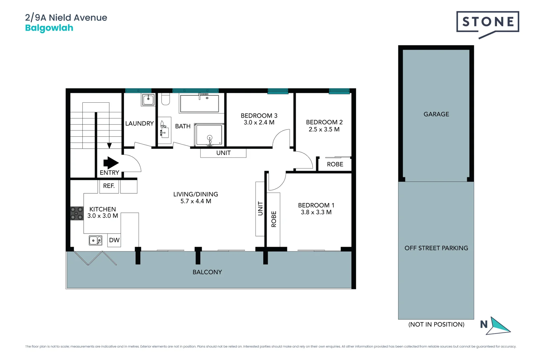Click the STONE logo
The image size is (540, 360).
(487, 22)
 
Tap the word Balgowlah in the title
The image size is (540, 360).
(49, 28)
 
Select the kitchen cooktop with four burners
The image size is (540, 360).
(77, 213)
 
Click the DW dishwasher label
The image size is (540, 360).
(114, 240)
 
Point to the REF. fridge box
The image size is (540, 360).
(109, 186)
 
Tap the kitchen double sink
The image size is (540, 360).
(95, 240)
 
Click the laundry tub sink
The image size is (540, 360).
(148, 99)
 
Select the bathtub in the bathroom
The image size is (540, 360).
(199, 104)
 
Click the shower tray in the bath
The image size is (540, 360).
(209, 135)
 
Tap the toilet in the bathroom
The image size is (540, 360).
(165, 99)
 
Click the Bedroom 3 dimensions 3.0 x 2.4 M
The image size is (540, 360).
(259, 123)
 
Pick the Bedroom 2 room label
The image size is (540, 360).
(324, 122)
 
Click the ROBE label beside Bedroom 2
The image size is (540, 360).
(335, 164)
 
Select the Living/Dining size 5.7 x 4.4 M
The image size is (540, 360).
(196, 201)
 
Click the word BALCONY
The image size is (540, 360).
(207, 272)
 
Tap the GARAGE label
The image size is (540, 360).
(436, 114)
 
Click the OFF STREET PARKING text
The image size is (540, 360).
(436, 248)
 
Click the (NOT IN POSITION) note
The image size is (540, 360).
(436, 324)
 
